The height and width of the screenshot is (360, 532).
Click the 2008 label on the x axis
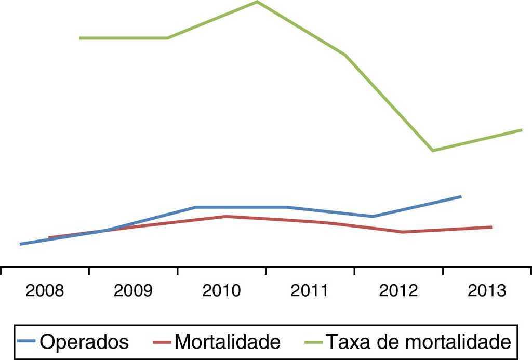45,291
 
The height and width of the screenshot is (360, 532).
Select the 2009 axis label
133,291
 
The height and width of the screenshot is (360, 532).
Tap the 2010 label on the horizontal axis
221,291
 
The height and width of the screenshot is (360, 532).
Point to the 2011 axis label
310,291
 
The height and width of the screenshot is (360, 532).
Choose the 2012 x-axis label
398,291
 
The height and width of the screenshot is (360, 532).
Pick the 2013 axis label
487,291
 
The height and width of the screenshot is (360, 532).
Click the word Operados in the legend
84,342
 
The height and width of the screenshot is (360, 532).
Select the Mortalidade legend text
228,342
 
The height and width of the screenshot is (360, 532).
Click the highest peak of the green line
257,2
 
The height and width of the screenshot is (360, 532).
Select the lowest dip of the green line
432,151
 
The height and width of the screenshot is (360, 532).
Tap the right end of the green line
521,129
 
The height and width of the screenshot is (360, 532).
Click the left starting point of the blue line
20,244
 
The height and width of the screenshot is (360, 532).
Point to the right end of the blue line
461,196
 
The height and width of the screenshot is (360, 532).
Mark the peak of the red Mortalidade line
225,216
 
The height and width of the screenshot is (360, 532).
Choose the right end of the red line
491,227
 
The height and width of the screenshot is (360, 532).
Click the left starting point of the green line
80,38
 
